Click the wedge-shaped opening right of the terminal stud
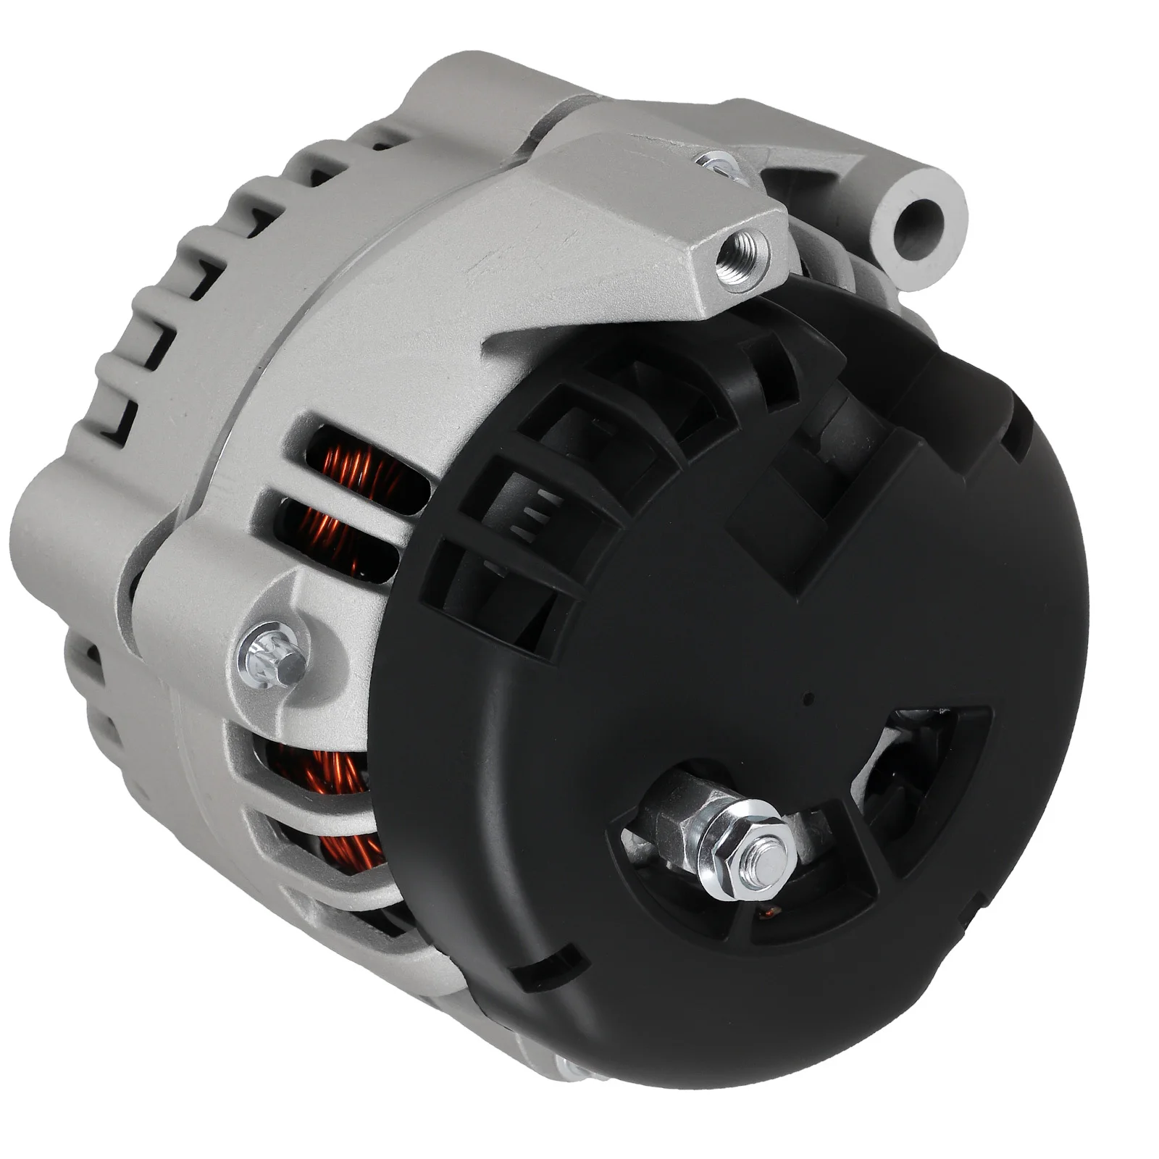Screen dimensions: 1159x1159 pos(920,768)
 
